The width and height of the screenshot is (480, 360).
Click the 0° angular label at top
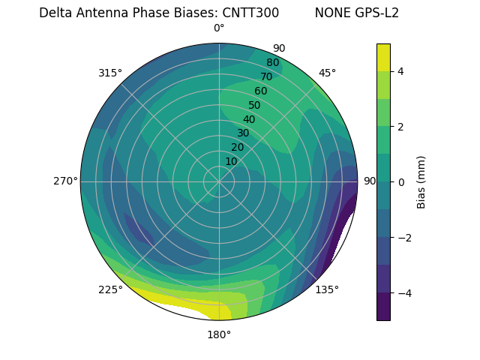[x=219, y=28]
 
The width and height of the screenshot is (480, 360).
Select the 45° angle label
[x=327, y=73]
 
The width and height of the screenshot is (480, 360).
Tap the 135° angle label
[x=327, y=289]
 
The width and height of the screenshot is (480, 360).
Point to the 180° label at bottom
[x=219, y=334]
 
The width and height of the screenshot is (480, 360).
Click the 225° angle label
[x=110, y=289]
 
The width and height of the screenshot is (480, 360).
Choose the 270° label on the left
[x=64, y=181]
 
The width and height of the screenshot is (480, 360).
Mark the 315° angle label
[x=110, y=73]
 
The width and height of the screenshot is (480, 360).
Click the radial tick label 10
[x=231, y=161]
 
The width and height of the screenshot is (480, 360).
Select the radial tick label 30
[x=243, y=133]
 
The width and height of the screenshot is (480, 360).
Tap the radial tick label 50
[x=254, y=106]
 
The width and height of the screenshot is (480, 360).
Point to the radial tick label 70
[x=266, y=76]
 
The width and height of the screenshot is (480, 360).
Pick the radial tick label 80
[x=272, y=63]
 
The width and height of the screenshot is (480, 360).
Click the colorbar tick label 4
[x=400, y=71]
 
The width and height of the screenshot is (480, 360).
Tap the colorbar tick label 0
[x=400, y=182]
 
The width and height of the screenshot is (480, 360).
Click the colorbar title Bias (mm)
[x=421, y=181]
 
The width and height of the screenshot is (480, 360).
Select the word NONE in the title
[x=331, y=13]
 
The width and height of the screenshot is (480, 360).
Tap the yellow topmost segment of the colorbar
[x=383, y=57]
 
